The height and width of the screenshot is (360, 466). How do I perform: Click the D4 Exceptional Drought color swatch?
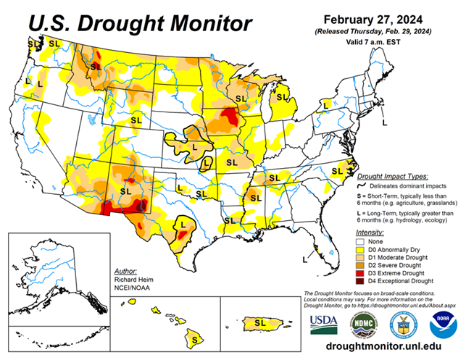[x=360, y=280]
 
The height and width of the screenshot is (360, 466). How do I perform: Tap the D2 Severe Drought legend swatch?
[x=360, y=264]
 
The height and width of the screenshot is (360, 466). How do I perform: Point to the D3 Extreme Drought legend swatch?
[x=360, y=272]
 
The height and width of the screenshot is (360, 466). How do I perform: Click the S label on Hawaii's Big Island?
[x=194, y=338]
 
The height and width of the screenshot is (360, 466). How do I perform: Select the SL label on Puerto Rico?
[x=259, y=320]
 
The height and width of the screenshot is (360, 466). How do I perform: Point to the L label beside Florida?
[x=304, y=257]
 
